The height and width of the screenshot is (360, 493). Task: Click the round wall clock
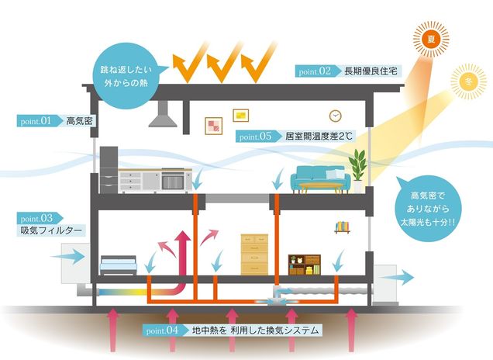pyautogui.click(x=336, y=116)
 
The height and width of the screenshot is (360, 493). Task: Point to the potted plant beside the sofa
pyautogui.click(x=358, y=168)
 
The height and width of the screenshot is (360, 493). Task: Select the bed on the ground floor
pyautogui.click(x=119, y=265)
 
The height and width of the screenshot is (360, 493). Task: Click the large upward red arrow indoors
pyautogui.click(x=184, y=252)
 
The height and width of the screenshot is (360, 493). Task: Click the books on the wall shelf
pyautogui.click(x=343, y=227)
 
